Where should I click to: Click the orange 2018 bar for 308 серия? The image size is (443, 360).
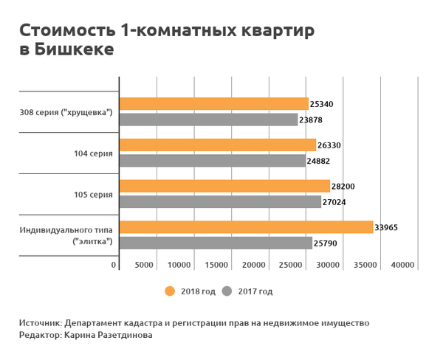click(x=213, y=104)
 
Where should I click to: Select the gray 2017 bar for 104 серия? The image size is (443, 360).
click(x=212, y=161)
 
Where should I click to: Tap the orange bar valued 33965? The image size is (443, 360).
click(x=246, y=227)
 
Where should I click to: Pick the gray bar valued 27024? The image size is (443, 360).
click(x=220, y=201)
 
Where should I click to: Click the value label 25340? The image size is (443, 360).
click(x=323, y=105)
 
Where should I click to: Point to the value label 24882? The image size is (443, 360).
click(x=320, y=161)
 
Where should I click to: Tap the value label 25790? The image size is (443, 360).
click(x=326, y=243)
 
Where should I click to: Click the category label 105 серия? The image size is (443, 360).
click(x=95, y=195)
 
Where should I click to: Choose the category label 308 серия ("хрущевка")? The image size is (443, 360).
click(x=66, y=113)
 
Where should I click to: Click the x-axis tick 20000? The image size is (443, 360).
click(x=254, y=265)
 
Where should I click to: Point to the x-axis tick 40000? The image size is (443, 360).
click(x=403, y=265)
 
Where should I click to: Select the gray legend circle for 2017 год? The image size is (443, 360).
click(x=227, y=291)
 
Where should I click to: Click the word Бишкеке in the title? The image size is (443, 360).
click(x=76, y=50)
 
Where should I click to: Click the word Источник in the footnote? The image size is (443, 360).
click(x=40, y=323)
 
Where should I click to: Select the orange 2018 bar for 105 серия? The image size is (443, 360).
click(x=224, y=186)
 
